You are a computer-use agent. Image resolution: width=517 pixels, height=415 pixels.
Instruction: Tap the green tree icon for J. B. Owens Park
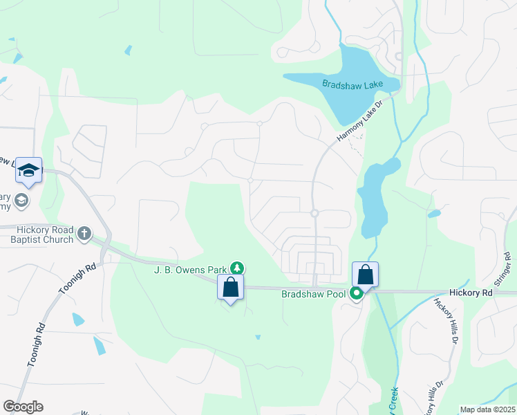click(x=237, y=268)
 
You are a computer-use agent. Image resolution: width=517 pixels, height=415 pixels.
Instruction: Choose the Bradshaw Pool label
click(x=313, y=295)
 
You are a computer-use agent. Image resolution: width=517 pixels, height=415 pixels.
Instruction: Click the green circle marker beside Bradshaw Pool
click(x=357, y=294)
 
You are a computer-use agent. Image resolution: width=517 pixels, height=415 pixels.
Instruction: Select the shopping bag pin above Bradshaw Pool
click(x=365, y=275)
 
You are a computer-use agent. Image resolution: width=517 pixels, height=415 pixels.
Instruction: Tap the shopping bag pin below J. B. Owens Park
click(x=230, y=287)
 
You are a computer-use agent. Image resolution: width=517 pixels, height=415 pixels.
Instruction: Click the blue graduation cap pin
click(x=29, y=170)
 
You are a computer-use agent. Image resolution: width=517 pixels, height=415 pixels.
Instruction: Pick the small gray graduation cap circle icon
click(x=21, y=201)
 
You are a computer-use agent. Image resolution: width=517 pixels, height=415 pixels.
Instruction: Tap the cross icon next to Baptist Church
click(x=84, y=234)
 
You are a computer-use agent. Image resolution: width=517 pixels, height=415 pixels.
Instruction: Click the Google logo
click(x=23, y=407)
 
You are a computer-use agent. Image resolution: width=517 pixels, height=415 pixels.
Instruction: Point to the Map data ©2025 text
click(x=487, y=409)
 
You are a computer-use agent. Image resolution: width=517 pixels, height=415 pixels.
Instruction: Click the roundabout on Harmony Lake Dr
click(x=314, y=214)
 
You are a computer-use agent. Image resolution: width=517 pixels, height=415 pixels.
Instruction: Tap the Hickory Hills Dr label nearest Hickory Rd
click(x=445, y=320)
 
